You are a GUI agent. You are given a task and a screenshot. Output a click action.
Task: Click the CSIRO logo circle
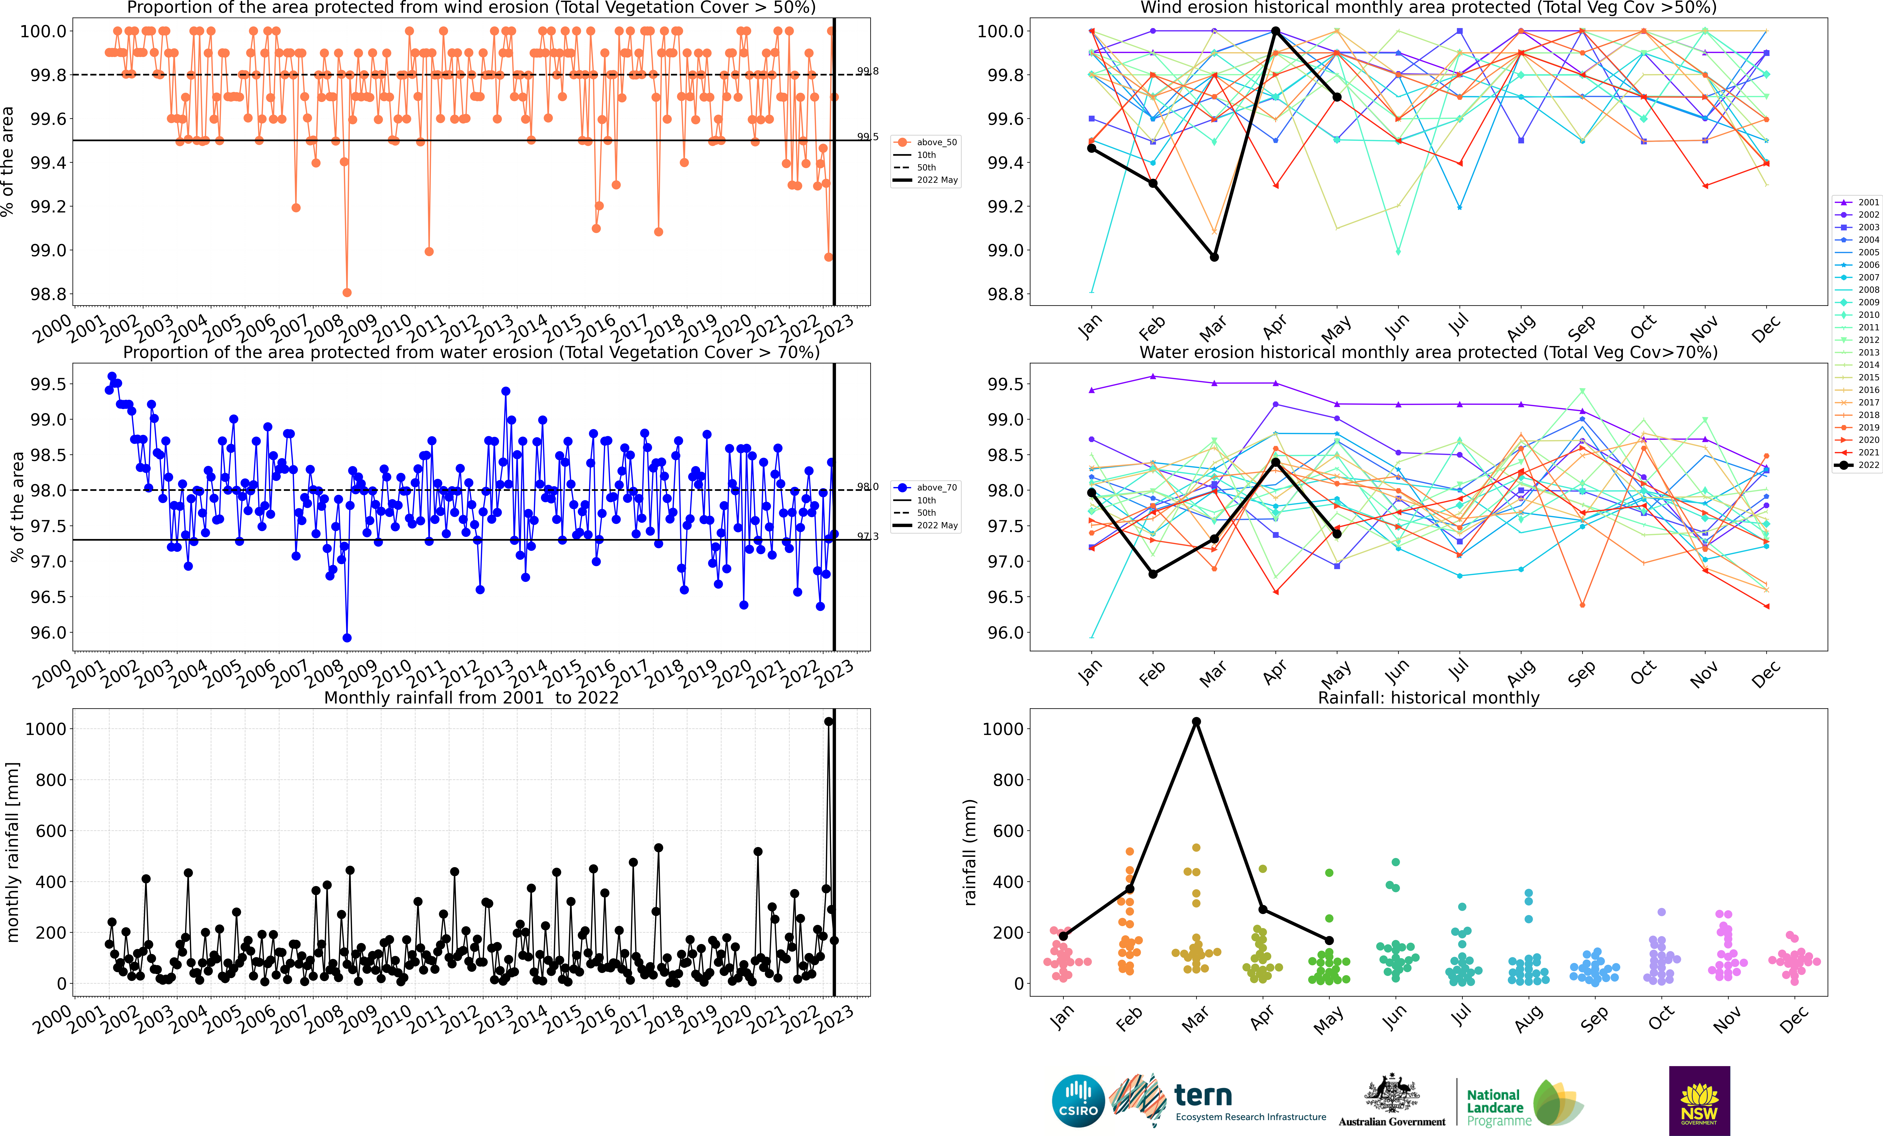1078,1101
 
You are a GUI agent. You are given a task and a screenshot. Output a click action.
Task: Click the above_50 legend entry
926,142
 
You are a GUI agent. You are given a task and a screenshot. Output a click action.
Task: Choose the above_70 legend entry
926,487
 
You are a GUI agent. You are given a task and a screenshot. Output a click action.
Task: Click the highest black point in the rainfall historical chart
1196,722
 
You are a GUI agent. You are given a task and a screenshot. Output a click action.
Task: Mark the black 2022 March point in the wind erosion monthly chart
1214,257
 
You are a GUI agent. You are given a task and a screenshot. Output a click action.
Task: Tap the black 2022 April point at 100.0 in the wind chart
1275,31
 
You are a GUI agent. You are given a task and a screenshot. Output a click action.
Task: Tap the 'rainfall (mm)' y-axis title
970,852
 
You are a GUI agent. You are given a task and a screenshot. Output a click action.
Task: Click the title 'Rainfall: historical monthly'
1428,698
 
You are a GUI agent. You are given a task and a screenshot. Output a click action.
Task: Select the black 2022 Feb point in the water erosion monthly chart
1153,574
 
